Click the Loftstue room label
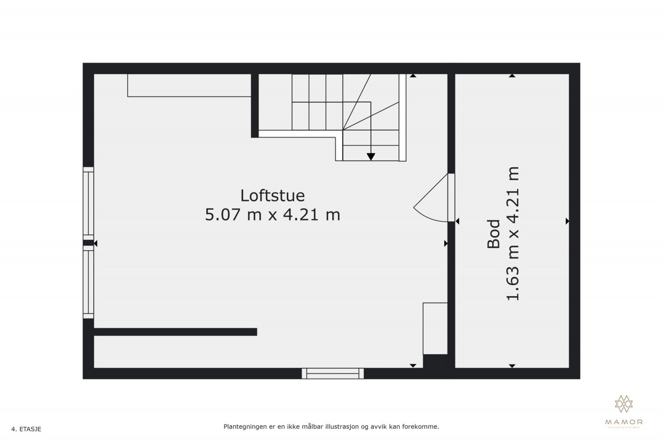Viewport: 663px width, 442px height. [272, 196]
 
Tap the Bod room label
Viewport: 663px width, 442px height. [494, 234]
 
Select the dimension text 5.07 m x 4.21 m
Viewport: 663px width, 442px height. [272, 215]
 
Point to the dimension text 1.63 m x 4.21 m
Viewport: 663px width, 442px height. [513, 234]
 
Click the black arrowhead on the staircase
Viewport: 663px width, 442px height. [371, 157]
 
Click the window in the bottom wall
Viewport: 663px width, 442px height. [333, 373]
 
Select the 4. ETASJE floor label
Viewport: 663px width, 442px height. [26, 429]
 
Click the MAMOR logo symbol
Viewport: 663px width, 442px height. [624, 404]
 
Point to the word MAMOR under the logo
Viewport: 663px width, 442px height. [624, 422]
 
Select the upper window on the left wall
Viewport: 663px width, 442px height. [88, 203]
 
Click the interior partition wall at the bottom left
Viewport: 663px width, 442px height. [175, 332]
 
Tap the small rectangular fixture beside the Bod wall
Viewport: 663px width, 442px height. [435, 328]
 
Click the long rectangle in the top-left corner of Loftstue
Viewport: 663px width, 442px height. [189, 85]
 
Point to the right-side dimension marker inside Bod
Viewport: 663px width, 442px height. [567, 222]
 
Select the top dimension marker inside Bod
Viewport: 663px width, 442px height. [512, 76]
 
